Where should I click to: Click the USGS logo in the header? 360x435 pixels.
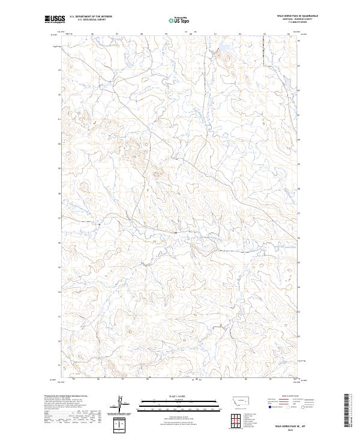[x=54, y=19]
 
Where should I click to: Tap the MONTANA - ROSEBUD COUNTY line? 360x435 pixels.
[x=296, y=20]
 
